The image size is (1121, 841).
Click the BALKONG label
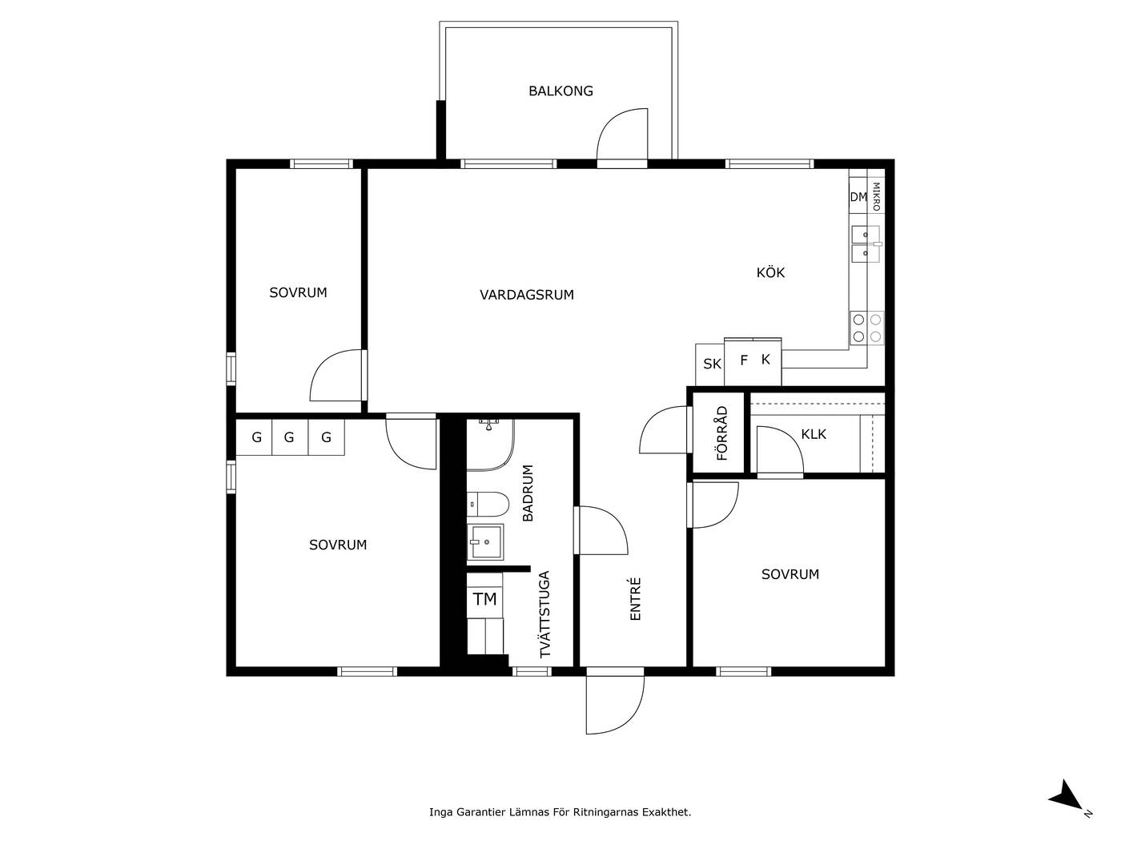click(560, 91)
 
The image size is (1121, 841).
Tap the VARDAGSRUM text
click(527, 295)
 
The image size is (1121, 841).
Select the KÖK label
click(770, 272)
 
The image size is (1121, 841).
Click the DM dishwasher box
click(858, 196)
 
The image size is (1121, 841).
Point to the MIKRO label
click(876, 196)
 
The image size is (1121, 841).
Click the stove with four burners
click(866, 328)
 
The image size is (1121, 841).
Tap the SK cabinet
click(710, 364)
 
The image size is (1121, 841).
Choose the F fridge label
click(744, 360)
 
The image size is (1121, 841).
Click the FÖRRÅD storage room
click(718, 433)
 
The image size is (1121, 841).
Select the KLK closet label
click(813, 435)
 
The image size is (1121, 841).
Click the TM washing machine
click(484, 599)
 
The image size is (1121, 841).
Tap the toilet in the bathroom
click(488, 504)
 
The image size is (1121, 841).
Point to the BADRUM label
click(528, 493)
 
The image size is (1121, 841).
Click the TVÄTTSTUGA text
click(545, 614)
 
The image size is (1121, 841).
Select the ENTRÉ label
click(635, 599)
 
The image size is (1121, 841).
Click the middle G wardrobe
click(290, 437)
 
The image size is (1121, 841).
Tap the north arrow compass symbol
click(1068, 798)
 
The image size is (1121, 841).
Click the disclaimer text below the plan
click(560, 812)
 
